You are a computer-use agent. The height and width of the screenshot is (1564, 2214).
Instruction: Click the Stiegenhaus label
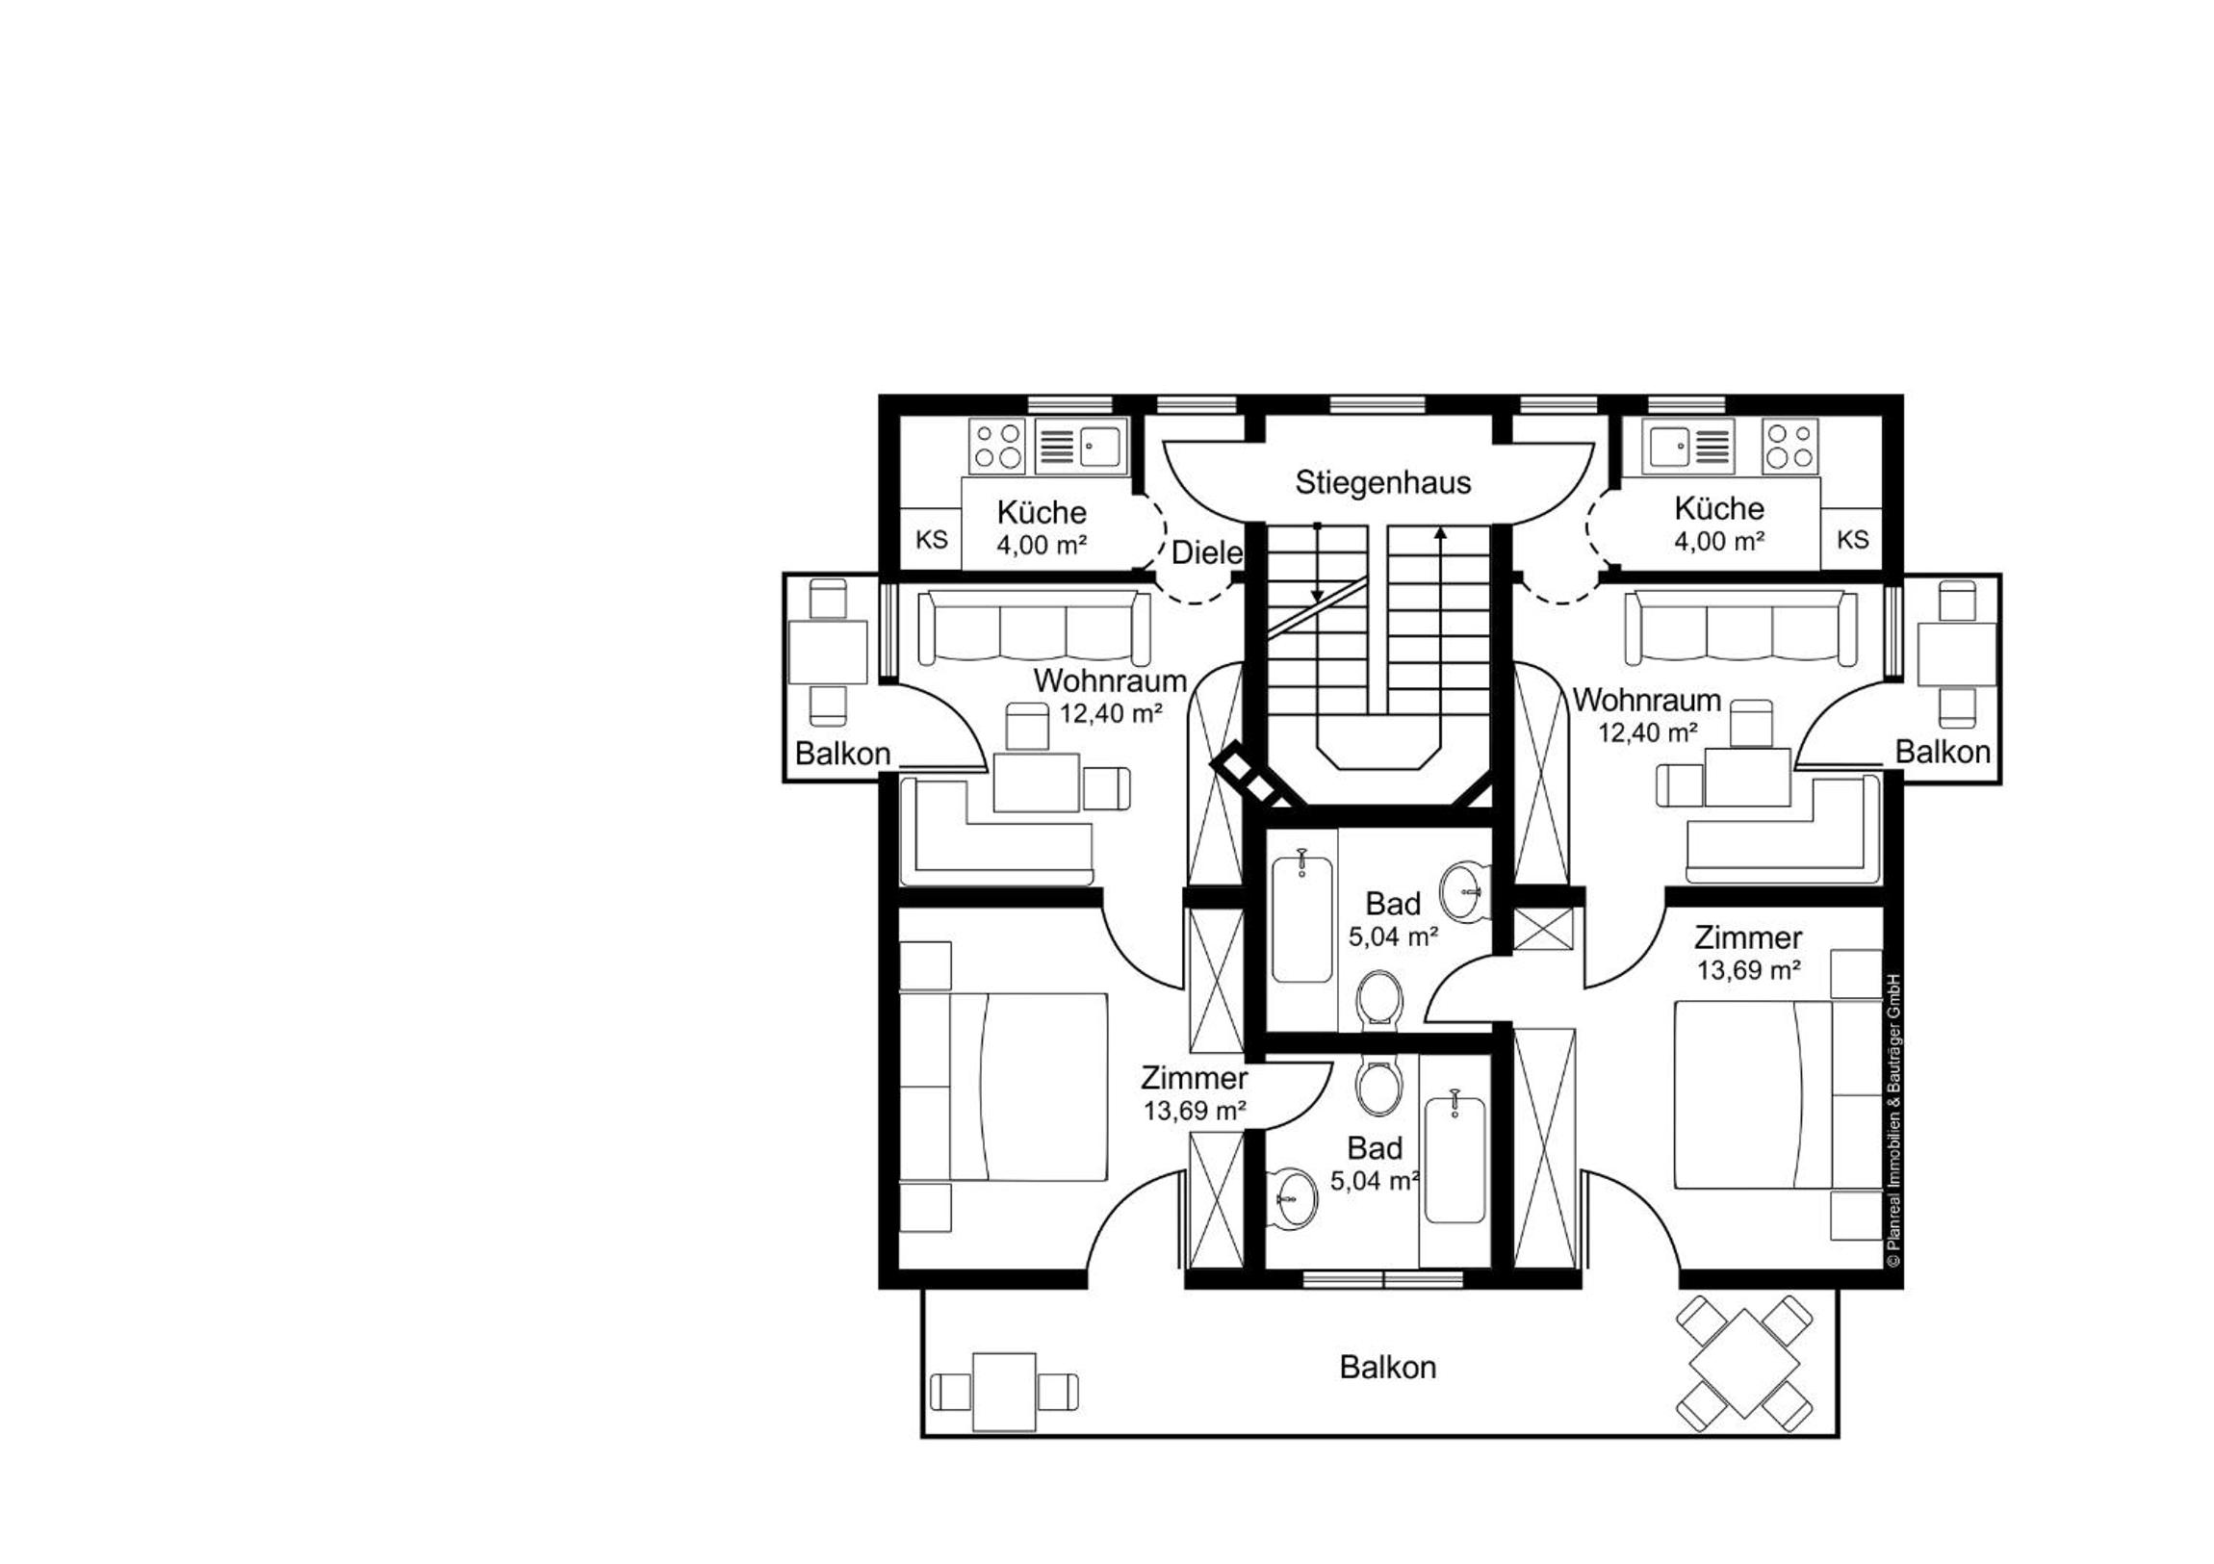(x=1382, y=482)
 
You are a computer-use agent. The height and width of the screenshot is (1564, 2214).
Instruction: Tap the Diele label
(x=1206, y=552)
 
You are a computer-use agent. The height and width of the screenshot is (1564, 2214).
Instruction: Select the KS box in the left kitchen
(x=932, y=540)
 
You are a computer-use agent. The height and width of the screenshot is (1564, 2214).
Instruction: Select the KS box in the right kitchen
(x=1852, y=540)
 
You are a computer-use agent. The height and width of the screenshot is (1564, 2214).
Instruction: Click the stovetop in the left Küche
(x=997, y=447)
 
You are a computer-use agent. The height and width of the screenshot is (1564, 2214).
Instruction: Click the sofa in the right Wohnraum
(x=1740, y=628)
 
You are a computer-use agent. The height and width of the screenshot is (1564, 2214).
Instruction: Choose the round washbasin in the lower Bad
(x=1290, y=1198)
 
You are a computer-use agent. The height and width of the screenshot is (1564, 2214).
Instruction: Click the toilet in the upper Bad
(x=1379, y=1000)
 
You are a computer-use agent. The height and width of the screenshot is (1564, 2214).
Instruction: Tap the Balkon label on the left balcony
(x=842, y=753)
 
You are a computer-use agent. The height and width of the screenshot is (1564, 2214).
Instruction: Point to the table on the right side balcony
(x=1957, y=654)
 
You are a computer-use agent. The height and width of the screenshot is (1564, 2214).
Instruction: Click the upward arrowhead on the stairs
(x=1441, y=533)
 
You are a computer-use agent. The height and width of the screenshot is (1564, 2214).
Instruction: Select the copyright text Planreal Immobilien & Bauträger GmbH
(x=1893, y=1120)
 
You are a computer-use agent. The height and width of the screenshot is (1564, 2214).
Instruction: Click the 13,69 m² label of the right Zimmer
(x=1748, y=970)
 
